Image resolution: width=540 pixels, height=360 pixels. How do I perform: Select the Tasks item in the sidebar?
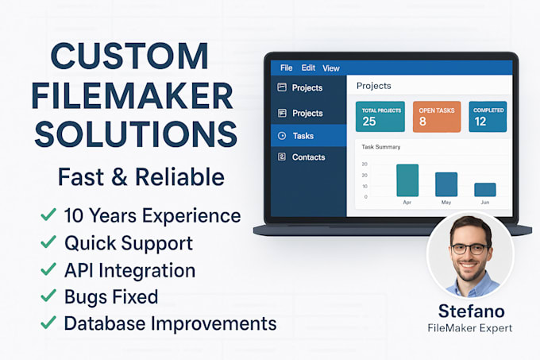(x=303, y=136)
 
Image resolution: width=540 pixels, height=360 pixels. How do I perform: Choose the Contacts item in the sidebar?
(x=308, y=157)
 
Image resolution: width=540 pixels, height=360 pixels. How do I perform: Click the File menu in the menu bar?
(x=287, y=68)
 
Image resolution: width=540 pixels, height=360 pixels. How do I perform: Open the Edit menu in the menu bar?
(x=308, y=68)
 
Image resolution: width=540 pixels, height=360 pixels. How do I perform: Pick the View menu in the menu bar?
(x=330, y=68)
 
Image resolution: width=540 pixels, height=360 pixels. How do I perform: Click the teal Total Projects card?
(x=380, y=115)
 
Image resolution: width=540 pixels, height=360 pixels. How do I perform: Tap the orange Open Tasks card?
(x=436, y=115)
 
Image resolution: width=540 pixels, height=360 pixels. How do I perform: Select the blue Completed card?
(x=488, y=115)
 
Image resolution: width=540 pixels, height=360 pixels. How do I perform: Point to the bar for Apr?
(x=407, y=180)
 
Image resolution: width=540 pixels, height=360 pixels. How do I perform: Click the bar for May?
(x=446, y=184)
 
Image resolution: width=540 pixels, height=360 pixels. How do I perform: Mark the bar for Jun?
(x=485, y=190)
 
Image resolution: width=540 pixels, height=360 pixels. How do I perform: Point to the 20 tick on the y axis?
(x=364, y=165)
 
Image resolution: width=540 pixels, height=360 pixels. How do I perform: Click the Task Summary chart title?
(x=381, y=147)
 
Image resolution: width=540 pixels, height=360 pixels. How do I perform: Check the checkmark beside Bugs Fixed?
(x=48, y=297)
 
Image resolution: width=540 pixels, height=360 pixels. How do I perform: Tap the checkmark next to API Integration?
(x=48, y=270)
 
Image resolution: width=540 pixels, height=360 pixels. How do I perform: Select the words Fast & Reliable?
(x=141, y=176)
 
